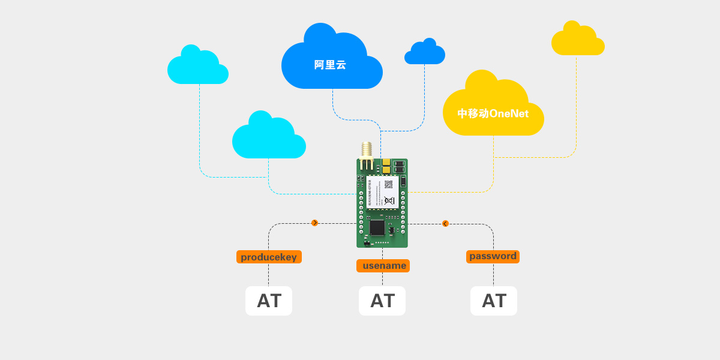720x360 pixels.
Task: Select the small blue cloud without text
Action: pyautogui.click(x=425, y=54)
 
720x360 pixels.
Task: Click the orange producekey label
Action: pyautogui.click(x=269, y=257)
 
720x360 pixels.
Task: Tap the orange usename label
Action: pyautogui.click(x=383, y=266)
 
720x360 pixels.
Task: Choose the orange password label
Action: pyautogui.click(x=493, y=256)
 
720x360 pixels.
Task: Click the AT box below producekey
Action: pyautogui.click(x=269, y=301)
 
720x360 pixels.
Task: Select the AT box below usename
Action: pyautogui.click(x=382, y=301)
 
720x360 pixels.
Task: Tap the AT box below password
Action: pyautogui.click(x=494, y=301)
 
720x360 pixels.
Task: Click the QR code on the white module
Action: pyautogui.click(x=388, y=184)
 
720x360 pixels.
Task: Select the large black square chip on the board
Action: pyautogui.click(x=377, y=227)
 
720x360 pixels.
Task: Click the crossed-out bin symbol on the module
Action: pyautogui.click(x=389, y=200)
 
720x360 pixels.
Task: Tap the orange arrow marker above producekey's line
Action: pyautogui.click(x=314, y=223)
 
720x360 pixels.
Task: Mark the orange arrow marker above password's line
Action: pyautogui.click(x=445, y=223)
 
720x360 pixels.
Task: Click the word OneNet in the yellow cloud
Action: pyautogui.click(x=509, y=113)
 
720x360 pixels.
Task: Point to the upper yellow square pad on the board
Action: pyautogui.click(x=386, y=162)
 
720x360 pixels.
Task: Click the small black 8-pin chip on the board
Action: pyautogui.click(x=392, y=230)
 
